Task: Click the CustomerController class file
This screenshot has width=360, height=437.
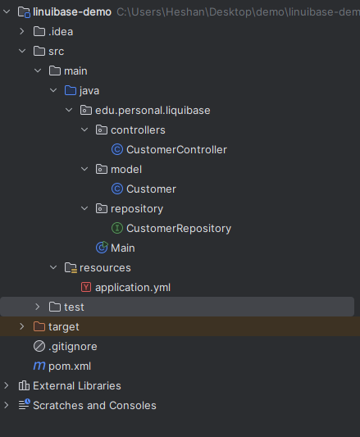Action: click(176, 150)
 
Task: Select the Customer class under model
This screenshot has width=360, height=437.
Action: click(151, 189)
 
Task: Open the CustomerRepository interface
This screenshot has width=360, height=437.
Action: click(179, 228)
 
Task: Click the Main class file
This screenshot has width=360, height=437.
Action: click(123, 248)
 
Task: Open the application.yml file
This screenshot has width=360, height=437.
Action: click(133, 287)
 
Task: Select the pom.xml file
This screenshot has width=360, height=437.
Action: click(70, 366)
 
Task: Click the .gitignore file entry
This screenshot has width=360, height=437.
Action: click(73, 347)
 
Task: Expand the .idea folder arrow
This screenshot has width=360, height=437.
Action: click(22, 31)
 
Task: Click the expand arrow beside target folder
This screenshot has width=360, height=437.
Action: click(22, 326)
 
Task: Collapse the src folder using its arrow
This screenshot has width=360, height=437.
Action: click(22, 52)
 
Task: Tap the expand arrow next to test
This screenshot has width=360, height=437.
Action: click(38, 307)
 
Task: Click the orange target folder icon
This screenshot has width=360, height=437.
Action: click(39, 326)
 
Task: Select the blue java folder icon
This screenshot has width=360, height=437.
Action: click(71, 90)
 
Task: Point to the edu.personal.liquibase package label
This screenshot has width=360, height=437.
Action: click(153, 111)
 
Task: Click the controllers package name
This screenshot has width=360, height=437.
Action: click(138, 130)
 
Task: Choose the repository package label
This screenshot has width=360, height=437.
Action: click(137, 209)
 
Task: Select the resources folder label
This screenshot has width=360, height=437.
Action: click(105, 268)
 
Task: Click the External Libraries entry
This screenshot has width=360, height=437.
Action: click(77, 385)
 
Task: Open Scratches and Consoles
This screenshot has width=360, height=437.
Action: click(94, 406)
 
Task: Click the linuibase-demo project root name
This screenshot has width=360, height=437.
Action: click(72, 12)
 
